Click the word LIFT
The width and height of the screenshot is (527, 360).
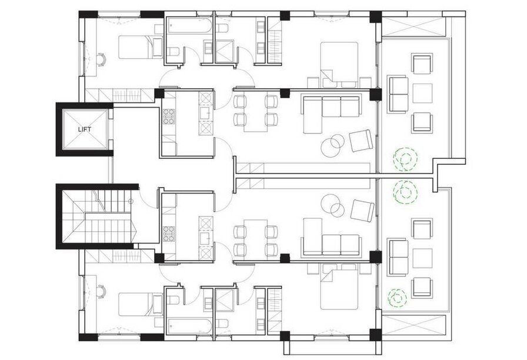(x=84, y=129)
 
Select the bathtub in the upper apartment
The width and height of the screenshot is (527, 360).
(x=189, y=25)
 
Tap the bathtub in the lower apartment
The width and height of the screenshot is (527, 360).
(x=189, y=326)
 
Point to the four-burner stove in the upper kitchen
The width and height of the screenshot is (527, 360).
(x=169, y=116)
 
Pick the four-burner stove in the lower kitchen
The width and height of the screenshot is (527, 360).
(x=169, y=234)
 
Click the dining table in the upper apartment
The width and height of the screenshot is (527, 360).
(x=256, y=114)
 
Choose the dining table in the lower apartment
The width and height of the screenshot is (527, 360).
(x=256, y=237)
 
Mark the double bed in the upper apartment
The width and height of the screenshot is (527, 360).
(x=339, y=65)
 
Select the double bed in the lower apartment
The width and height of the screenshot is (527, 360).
(x=339, y=286)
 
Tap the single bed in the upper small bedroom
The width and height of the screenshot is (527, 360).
(x=141, y=47)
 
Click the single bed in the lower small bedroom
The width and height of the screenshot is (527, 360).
(x=141, y=304)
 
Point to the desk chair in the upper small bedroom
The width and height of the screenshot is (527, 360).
(x=101, y=60)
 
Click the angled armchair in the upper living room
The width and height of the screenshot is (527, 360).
(x=361, y=140)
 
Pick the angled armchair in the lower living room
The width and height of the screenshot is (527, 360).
(x=362, y=211)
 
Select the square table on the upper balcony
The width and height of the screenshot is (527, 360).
(x=422, y=93)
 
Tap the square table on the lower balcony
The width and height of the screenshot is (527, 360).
(x=422, y=258)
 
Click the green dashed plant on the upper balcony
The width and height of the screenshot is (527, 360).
(x=405, y=159)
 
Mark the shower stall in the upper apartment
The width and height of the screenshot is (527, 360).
(x=225, y=51)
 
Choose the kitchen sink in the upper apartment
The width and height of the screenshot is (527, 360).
(x=205, y=113)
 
